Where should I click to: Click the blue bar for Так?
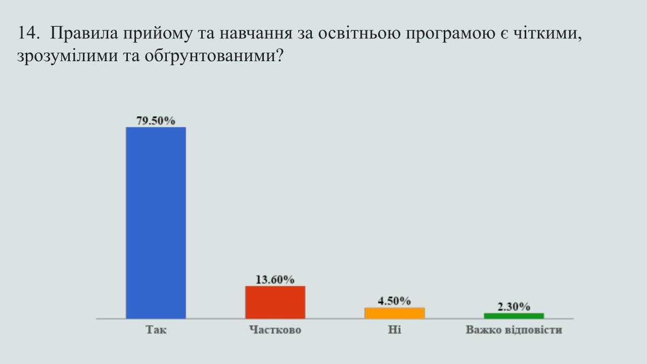coord(156,223)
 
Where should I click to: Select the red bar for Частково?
coord(275,302)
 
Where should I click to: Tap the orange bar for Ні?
coord(395,313)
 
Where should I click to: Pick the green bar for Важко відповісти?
coord(514,316)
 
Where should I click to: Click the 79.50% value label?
coord(156,121)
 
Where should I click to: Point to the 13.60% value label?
coord(275,280)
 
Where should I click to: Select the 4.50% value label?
coord(394,301)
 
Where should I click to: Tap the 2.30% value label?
coord(514,307)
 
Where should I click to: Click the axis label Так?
coord(156,330)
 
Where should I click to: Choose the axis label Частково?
coord(275,330)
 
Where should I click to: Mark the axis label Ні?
coord(395,330)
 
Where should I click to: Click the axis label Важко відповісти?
coord(514,330)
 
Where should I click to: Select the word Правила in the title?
coord(84,33)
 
